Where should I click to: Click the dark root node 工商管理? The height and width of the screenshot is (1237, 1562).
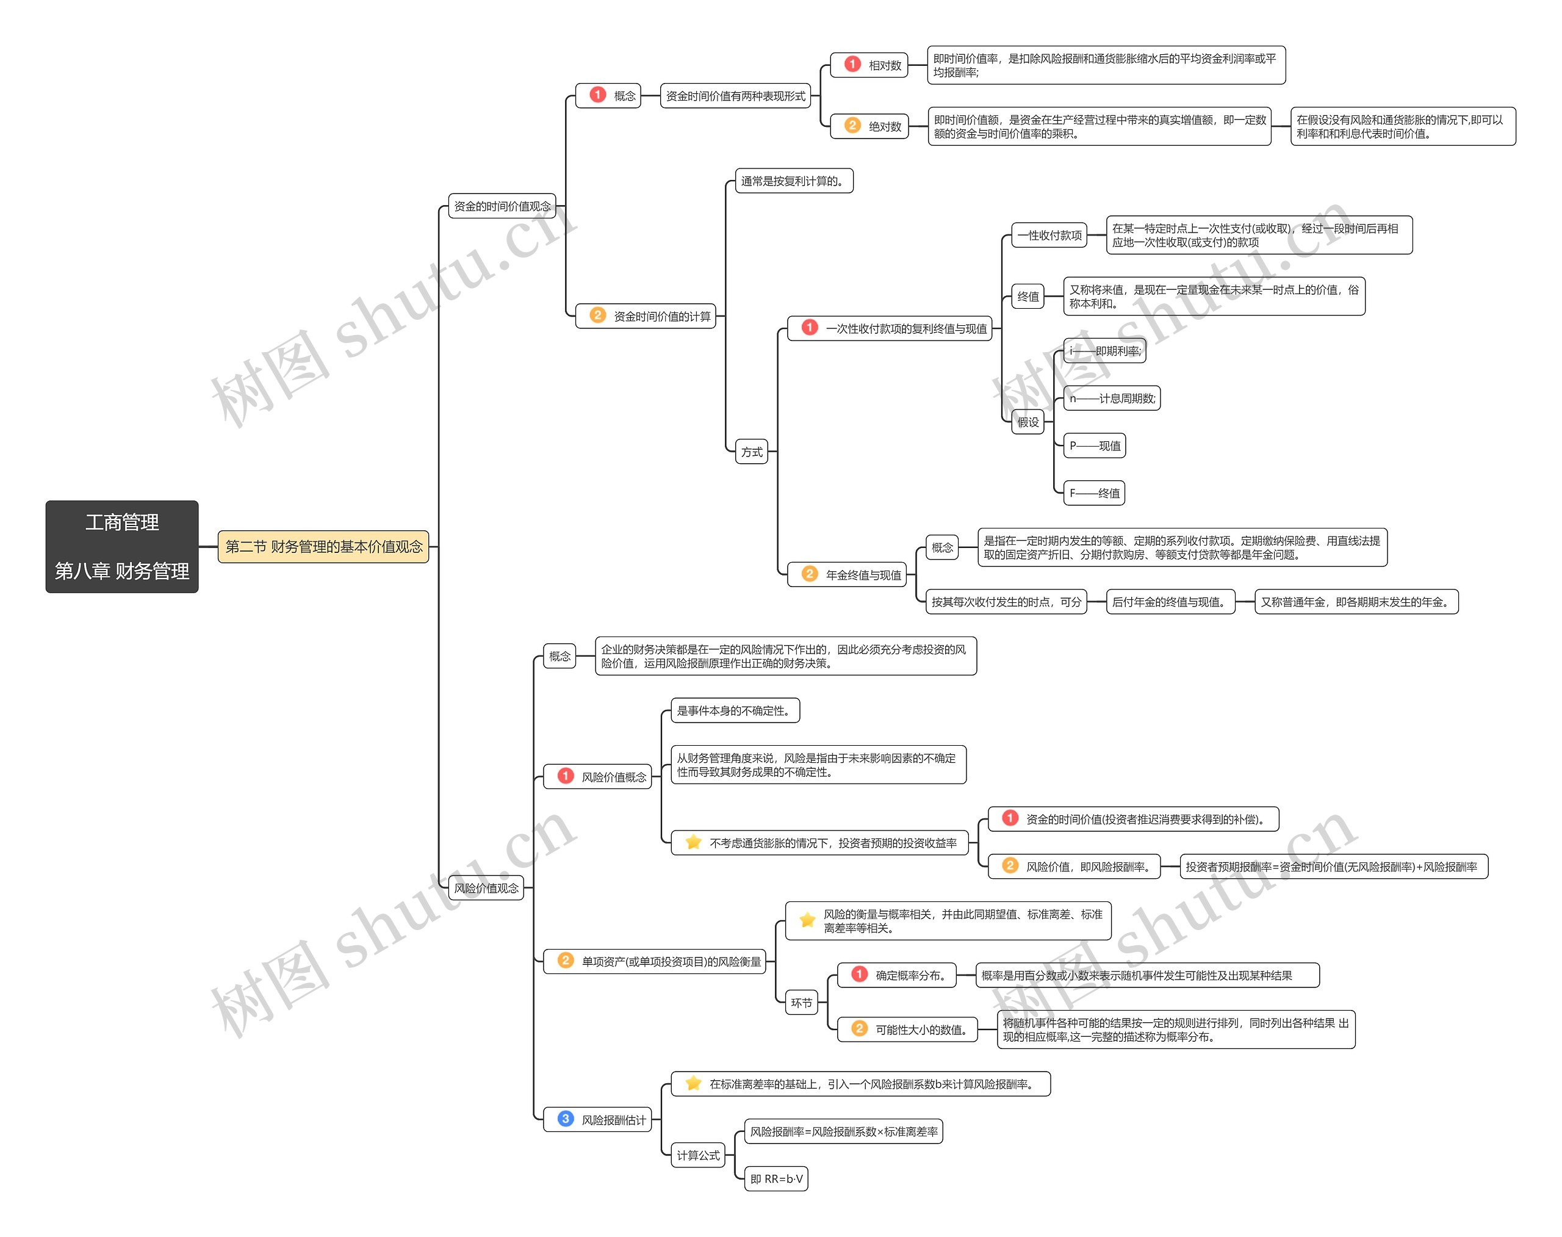[x=121, y=546]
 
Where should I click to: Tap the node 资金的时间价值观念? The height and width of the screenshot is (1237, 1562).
[x=502, y=206]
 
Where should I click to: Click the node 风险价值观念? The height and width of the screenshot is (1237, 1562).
[x=486, y=888]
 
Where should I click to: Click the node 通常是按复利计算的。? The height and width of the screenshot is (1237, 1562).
[x=794, y=181]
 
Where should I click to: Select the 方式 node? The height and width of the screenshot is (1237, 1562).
[x=752, y=452]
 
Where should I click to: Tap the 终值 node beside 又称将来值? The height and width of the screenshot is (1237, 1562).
[x=1028, y=296]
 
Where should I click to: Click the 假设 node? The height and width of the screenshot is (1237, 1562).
[x=1028, y=422]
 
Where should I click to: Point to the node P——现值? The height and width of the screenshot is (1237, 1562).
[x=1095, y=446]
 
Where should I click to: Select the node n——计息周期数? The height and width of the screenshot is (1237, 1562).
[x=1112, y=399]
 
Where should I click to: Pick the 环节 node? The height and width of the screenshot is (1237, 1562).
[x=802, y=1003]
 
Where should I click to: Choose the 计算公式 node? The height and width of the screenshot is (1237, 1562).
[x=698, y=1156]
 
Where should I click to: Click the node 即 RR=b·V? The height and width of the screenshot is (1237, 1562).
[x=776, y=1179]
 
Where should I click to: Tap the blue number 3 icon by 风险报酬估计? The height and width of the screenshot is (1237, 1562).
[x=566, y=1119]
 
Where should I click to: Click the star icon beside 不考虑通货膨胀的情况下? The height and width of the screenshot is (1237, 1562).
[x=693, y=842]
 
